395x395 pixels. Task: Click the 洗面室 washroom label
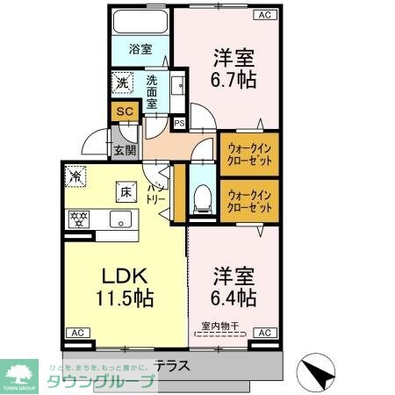152,90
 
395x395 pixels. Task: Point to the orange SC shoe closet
124,112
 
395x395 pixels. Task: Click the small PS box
179,123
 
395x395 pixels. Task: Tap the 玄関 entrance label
125,149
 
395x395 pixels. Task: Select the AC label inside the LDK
76,334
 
